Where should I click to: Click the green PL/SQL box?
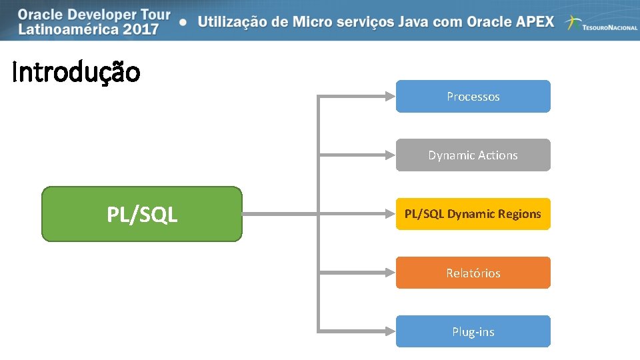(x=142, y=214)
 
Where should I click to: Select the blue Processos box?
(x=473, y=97)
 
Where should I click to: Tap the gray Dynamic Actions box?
(x=473, y=155)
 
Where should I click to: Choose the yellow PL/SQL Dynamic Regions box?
(x=473, y=214)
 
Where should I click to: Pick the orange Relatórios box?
(x=473, y=273)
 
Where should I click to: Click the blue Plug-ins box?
(x=473, y=331)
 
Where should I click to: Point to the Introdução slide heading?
(x=76, y=72)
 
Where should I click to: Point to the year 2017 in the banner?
(x=141, y=29)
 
